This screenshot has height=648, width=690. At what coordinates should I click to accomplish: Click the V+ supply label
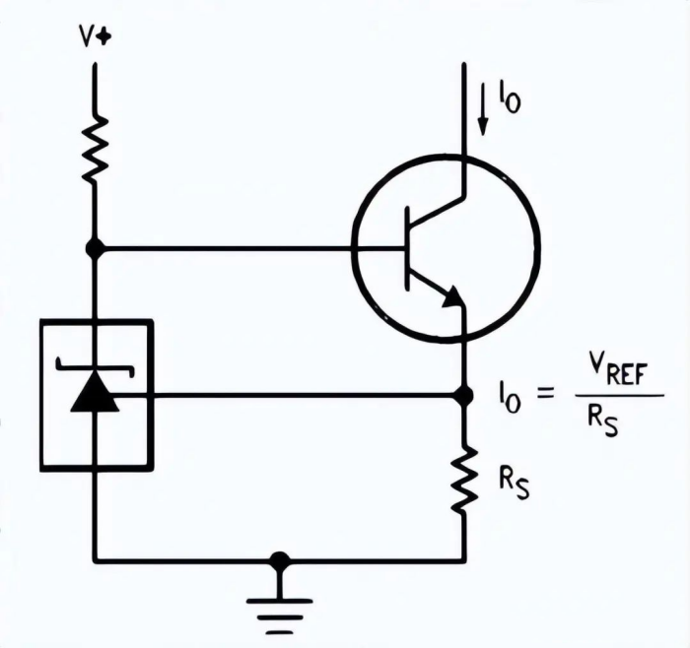pos(96,37)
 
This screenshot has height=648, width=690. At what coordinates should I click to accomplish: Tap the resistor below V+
pos(95,148)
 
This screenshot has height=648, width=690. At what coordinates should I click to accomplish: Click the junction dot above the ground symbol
pos(280,561)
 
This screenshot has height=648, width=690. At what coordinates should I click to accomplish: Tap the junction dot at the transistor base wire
pos(95,248)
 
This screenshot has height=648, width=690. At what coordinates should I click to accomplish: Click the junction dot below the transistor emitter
pos(463,395)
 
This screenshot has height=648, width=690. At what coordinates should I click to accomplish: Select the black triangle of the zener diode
pos(96,394)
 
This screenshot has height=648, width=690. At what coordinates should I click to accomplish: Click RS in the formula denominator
pos(602,421)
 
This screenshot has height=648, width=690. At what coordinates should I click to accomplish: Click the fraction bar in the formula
pos(611,396)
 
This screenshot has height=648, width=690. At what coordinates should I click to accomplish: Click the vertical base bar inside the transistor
pos(407,249)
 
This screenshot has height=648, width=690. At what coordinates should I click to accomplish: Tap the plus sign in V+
pos(105,37)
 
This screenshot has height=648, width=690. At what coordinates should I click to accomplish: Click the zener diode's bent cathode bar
pos(96,365)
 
